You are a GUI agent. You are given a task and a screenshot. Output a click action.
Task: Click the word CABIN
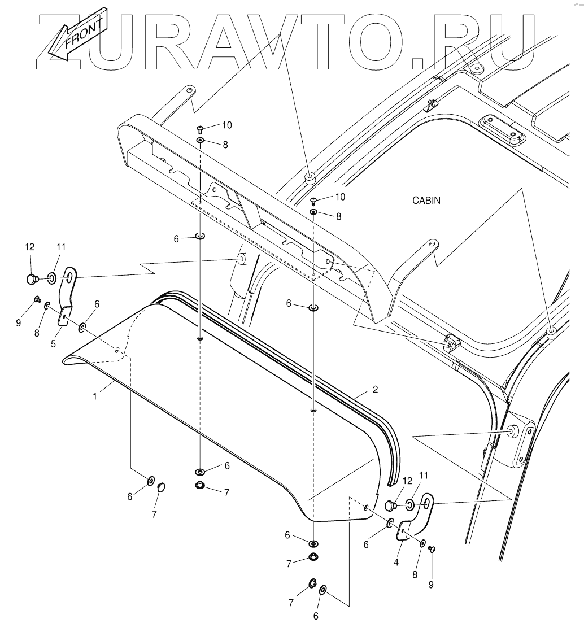click(x=426, y=200)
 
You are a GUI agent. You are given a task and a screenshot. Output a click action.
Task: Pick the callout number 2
click(x=374, y=390)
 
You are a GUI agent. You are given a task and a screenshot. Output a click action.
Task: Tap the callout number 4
click(x=396, y=562)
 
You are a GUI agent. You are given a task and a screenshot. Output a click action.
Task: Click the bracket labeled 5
click(x=67, y=305)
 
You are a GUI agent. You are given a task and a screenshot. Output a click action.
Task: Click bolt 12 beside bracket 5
click(x=32, y=278)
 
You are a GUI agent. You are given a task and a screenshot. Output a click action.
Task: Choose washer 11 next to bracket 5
click(x=51, y=277)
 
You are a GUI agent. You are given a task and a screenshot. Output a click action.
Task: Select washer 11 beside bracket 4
click(x=409, y=502)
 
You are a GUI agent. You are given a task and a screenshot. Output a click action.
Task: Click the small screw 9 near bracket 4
click(x=432, y=548)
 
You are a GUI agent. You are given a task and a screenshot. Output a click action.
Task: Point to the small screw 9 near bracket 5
click(x=37, y=299)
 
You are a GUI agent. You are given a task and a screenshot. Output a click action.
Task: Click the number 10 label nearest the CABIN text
click(x=339, y=197)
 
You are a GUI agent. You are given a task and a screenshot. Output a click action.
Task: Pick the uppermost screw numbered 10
click(x=200, y=128)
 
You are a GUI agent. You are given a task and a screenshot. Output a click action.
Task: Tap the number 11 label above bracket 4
click(x=424, y=474)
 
